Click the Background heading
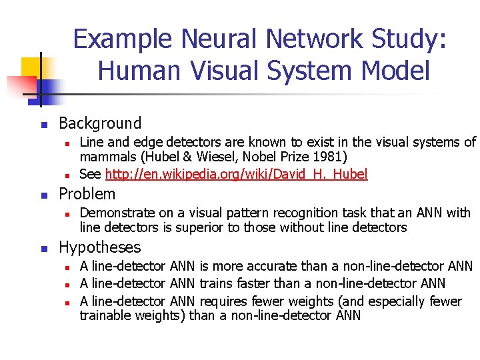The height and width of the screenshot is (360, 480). tap(100, 123)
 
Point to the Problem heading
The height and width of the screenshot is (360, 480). tap(87, 194)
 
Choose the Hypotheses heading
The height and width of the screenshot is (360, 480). tap(100, 247)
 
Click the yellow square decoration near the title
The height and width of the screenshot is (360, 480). tap(31, 67)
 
